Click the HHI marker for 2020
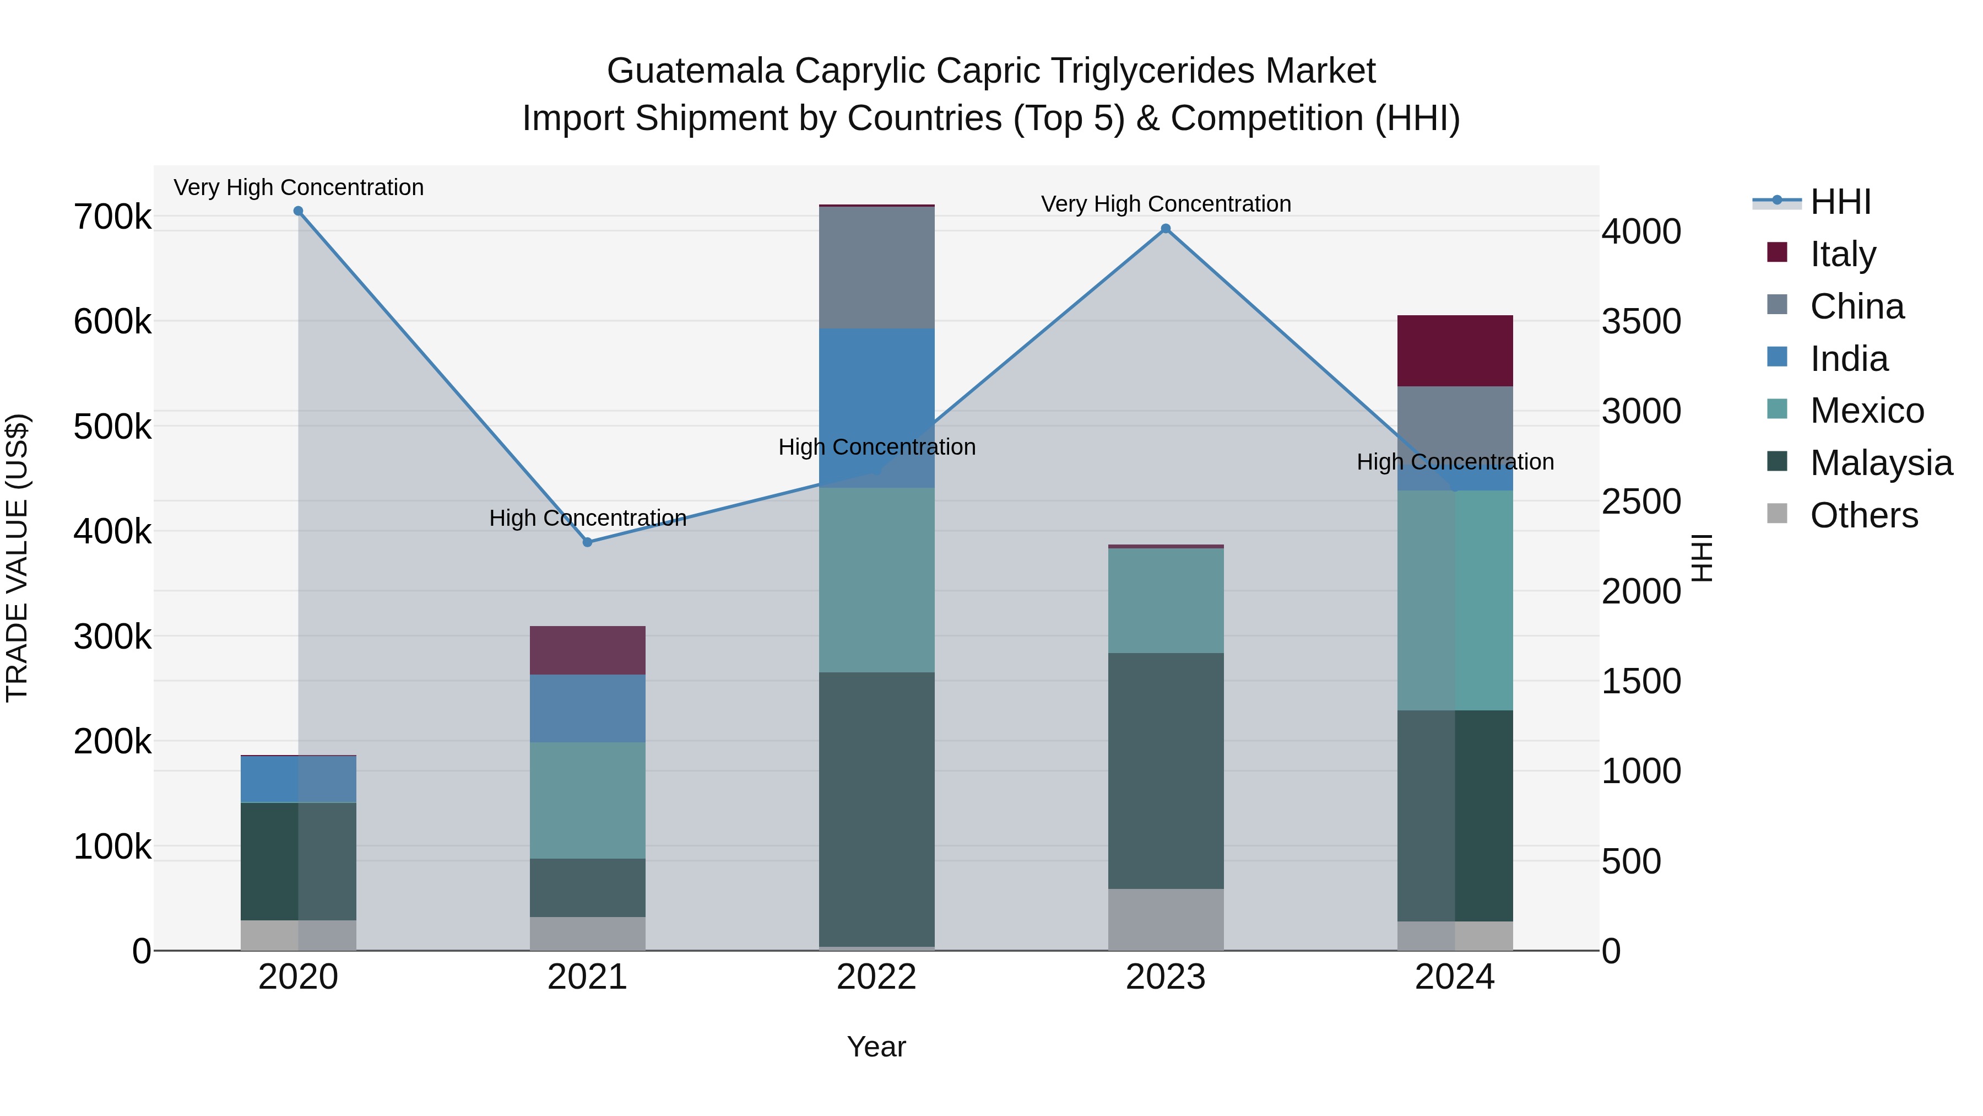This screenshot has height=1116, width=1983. click(299, 211)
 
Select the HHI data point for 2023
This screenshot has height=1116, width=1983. click(1166, 229)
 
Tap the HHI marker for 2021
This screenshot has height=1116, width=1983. click(587, 542)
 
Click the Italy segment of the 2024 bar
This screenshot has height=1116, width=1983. click(1455, 351)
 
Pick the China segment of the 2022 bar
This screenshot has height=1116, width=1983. click(877, 267)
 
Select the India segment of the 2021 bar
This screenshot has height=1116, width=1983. click(587, 709)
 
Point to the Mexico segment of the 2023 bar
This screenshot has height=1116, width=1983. click(1166, 601)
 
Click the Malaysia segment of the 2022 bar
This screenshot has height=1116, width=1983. click(877, 808)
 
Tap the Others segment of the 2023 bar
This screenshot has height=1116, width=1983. click(1166, 920)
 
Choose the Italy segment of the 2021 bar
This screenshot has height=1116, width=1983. click(587, 651)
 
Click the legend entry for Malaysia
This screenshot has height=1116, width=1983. click(1881, 463)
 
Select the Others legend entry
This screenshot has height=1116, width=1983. click(1863, 515)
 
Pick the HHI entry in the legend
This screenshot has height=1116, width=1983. click(1840, 202)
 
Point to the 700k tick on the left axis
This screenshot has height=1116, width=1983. click(112, 217)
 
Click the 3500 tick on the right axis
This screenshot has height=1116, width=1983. click(1641, 322)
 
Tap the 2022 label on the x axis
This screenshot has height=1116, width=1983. click(877, 977)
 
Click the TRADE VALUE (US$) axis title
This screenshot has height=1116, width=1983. click(17, 558)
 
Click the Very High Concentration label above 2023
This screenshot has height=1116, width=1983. click(1166, 204)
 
